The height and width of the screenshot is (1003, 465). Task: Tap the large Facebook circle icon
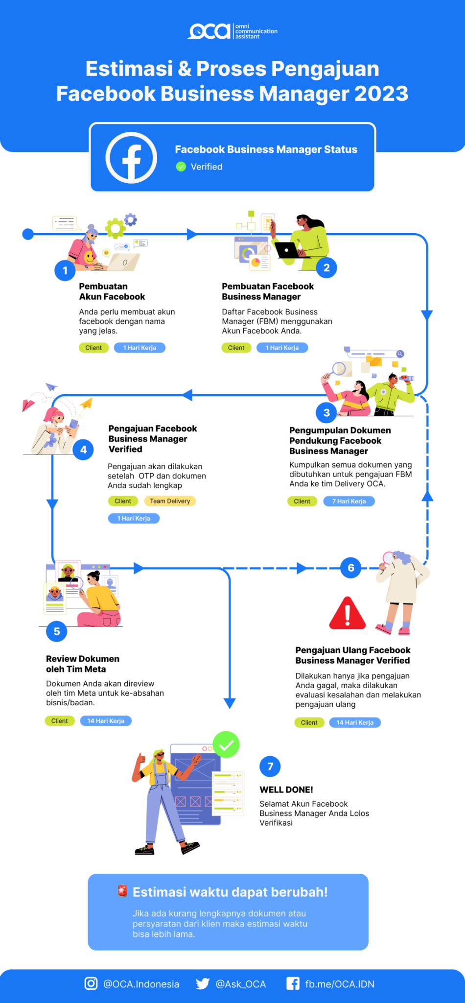[x=131, y=158]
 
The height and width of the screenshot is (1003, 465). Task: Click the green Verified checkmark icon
[x=181, y=167]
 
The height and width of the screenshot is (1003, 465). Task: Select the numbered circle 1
[x=65, y=270]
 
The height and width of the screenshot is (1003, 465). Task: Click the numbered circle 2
[x=326, y=268]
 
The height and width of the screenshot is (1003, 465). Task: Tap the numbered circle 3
[x=326, y=413]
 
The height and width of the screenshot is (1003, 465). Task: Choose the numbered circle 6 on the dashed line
[x=351, y=568]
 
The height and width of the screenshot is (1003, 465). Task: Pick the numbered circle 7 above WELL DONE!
[x=270, y=766]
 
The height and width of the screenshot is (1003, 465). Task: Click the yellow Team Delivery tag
[x=170, y=501]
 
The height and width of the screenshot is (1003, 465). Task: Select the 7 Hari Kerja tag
[x=349, y=501]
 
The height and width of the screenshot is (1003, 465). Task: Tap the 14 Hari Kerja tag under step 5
[x=106, y=721]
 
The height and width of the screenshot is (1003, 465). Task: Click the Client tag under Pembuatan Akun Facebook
[x=93, y=348]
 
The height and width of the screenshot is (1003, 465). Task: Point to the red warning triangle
[x=348, y=614]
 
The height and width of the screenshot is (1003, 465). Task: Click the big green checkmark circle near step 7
[x=226, y=744]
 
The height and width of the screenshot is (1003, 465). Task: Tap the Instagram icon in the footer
[x=91, y=983]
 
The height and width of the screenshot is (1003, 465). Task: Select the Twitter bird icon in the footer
[x=203, y=983]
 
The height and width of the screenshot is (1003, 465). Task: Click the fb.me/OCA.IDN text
[x=340, y=984]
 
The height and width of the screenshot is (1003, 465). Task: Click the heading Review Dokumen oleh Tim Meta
[x=83, y=664]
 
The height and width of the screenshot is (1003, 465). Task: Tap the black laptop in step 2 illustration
[x=287, y=250]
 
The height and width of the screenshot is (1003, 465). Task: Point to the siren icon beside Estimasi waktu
[x=122, y=891]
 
